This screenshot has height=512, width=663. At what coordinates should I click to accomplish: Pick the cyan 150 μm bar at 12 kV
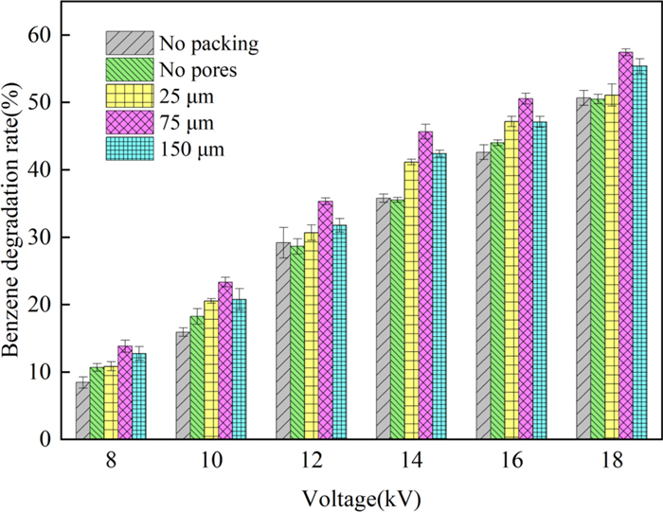pos(339,332)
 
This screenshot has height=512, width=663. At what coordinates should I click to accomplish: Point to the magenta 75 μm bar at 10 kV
pos(224,361)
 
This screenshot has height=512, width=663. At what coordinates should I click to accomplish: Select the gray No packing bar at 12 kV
pos(282,341)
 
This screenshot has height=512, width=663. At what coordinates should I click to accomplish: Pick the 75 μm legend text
pos(187,123)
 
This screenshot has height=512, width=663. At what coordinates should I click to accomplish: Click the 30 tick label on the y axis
pos(43,237)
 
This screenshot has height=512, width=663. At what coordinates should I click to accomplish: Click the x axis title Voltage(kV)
pos(362,495)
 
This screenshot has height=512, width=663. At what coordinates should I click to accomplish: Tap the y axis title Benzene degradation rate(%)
pos(15,237)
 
